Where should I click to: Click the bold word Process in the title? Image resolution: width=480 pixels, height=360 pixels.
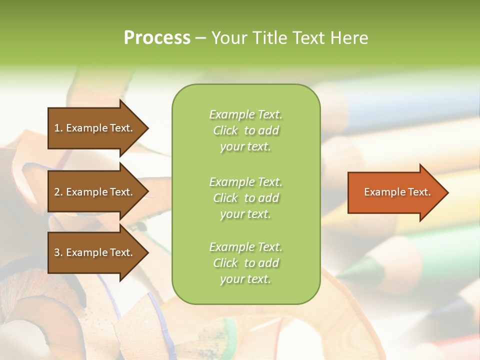click(x=157, y=38)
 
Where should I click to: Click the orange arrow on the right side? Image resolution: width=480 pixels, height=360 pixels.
click(x=395, y=192)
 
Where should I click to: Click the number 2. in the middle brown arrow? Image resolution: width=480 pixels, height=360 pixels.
click(x=58, y=192)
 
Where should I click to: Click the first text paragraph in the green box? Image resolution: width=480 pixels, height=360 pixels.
click(x=245, y=130)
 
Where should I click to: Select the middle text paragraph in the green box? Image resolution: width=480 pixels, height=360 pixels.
click(x=245, y=198)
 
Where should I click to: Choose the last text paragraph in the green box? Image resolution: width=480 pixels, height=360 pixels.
click(x=245, y=263)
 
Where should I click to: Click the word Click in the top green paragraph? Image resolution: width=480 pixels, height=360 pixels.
click(x=225, y=130)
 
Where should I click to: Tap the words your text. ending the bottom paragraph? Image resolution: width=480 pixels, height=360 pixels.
click(x=245, y=279)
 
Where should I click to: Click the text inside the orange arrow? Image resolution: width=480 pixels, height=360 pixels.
click(x=397, y=192)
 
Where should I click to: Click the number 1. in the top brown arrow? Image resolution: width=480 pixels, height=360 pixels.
click(x=58, y=128)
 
